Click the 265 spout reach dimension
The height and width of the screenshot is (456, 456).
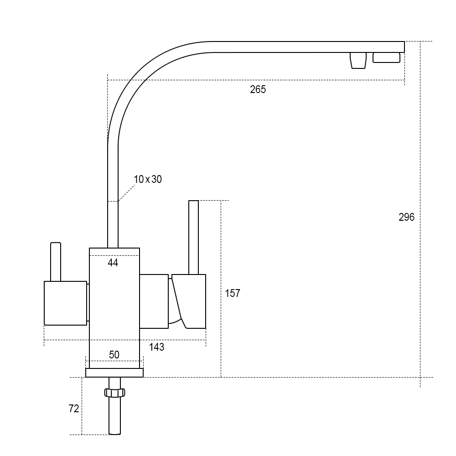(x=258, y=89)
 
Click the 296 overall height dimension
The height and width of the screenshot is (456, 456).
(x=407, y=217)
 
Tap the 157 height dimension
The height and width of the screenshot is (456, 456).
(x=233, y=293)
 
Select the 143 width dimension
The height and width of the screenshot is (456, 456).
(x=157, y=347)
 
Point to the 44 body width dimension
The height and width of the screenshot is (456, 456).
(x=113, y=263)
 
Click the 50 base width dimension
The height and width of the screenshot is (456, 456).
(x=114, y=354)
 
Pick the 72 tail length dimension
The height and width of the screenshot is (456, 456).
(x=74, y=409)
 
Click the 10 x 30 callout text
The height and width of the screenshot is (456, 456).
(x=148, y=179)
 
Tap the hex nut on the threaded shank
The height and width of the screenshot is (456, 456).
(x=114, y=393)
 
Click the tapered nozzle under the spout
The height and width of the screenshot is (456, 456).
(x=358, y=61)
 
